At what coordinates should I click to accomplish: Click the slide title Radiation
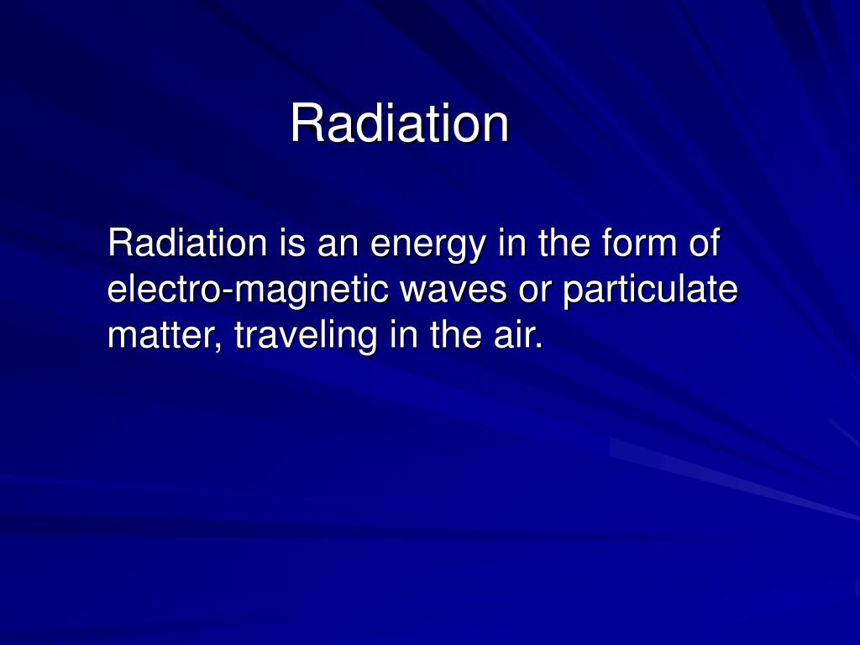pos(400,123)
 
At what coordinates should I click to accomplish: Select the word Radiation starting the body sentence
pos(187,242)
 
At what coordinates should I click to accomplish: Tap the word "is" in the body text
pos(292,242)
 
